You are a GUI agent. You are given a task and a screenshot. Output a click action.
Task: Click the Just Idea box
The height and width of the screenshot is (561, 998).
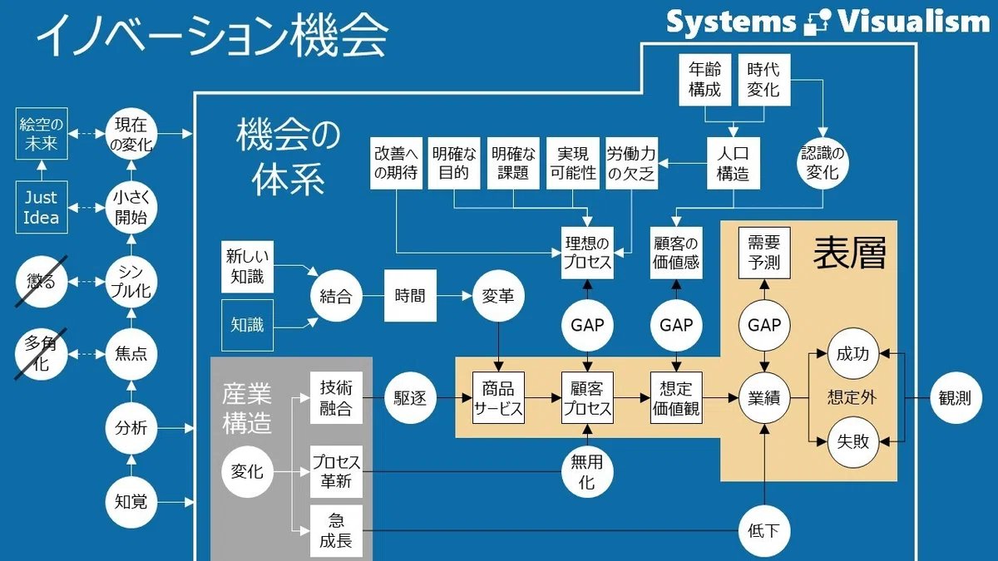tap(42, 207)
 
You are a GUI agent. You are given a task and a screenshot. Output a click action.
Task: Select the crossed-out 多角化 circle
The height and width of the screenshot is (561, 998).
tap(42, 355)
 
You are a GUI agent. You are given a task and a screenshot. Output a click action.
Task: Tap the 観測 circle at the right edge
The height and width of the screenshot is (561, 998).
tap(956, 397)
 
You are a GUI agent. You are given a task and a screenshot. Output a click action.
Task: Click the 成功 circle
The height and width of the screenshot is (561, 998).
tap(852, 354)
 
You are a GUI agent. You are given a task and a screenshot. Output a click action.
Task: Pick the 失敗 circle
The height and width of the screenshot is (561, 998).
tap(852, 441)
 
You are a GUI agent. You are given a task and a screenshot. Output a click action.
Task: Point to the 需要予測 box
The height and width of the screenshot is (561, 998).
tap(764, 253)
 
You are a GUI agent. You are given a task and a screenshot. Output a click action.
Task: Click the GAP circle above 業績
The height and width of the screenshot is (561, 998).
tap(764, 325)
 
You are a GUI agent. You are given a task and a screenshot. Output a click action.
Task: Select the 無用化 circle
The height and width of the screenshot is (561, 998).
tap(587, 472)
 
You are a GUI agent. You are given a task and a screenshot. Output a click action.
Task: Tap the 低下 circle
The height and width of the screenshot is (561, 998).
tap(764, 531)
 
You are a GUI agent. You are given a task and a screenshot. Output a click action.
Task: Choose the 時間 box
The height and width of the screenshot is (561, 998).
tap(410, 296)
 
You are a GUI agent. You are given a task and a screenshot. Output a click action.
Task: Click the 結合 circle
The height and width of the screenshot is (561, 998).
tap(336, 296)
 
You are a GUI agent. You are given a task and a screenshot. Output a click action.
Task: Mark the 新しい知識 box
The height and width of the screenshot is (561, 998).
tap(247, 267)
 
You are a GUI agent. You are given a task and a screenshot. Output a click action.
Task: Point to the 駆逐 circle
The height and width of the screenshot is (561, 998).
tap(410, 397)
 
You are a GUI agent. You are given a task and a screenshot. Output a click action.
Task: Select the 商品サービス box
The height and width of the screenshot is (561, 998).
tap(498, 397)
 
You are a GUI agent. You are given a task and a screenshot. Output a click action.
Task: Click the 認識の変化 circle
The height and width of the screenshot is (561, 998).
tap(823, 163)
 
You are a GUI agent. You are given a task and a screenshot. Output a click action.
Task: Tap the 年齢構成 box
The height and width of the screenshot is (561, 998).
tap(705, 80)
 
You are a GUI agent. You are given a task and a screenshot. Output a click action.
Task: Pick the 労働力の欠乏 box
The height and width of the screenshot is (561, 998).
tap(631, 163)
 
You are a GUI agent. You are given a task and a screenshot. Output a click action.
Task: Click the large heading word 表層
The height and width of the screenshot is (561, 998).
tap(849, 253)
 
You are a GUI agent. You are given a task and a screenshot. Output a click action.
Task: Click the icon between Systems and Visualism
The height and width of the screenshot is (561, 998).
tap(817, 22)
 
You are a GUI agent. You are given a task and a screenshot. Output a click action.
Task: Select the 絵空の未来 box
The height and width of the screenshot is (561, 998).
tap(42, 134)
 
